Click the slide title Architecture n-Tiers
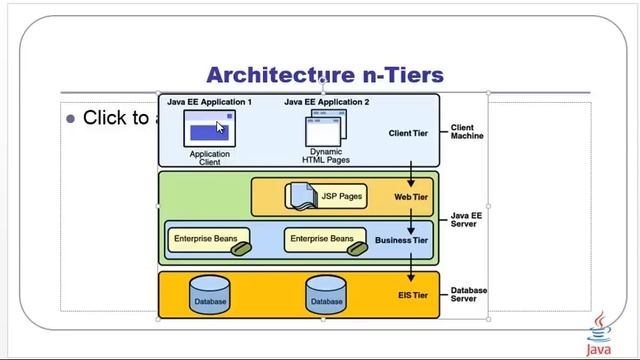(x=324, y=75)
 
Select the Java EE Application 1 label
(x=209, y=102)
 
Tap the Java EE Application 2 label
(x=326, y=102)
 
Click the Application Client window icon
(x=209, y=128)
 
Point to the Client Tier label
(x=407, y=133)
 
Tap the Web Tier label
(x=410, y=197)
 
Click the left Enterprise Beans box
(x=207, y=240)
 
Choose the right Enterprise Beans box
(x=322, y=240)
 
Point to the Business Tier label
(x=401, y=240)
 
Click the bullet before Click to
(x=70, y=119)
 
